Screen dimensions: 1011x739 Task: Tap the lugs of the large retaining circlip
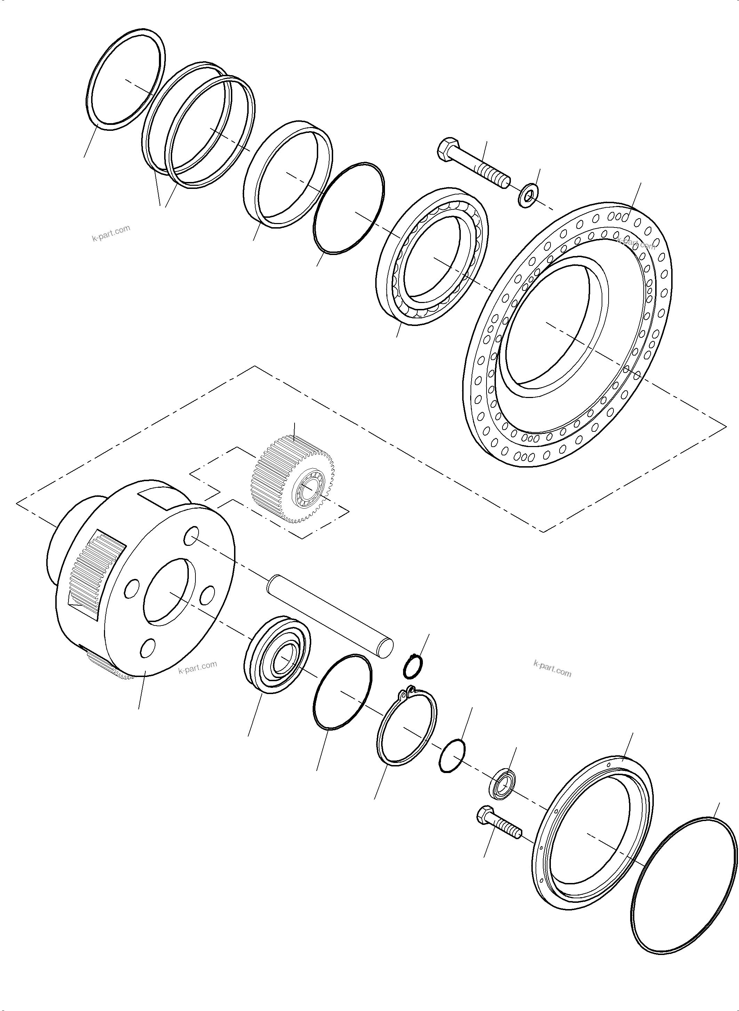coord(408,694)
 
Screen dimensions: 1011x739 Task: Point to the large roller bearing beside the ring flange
coord(431,258)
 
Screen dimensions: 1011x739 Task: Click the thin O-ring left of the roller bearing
coord(348,208)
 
